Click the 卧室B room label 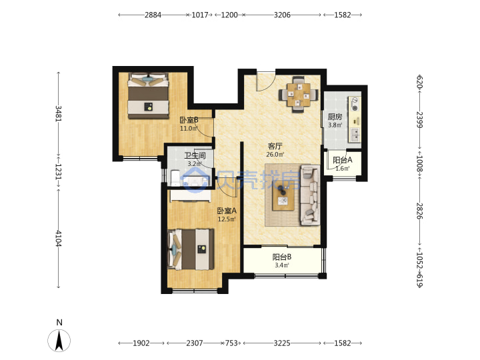(x=189, y=120)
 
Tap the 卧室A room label (x=227, y=211)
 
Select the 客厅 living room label (x=275, y=146)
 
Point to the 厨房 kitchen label (x=335, y=117)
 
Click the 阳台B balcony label (x=281, y=257)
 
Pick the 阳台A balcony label (x=342, y=160)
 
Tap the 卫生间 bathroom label (x=195, y=155)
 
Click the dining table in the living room (x=298, y=94)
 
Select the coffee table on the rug (x=283, y=196)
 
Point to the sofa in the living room (x=310, y=195)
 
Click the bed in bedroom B (x=149, y=95)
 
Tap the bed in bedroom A (x=191, y=249)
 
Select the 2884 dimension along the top (x=153, y=15)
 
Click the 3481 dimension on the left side (x=58, y=113)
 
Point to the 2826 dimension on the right (x=419, y=211)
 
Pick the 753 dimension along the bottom (x=231, y=343)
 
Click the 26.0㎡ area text (x=275, y=155)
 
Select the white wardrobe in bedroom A (x=191, y=196)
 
